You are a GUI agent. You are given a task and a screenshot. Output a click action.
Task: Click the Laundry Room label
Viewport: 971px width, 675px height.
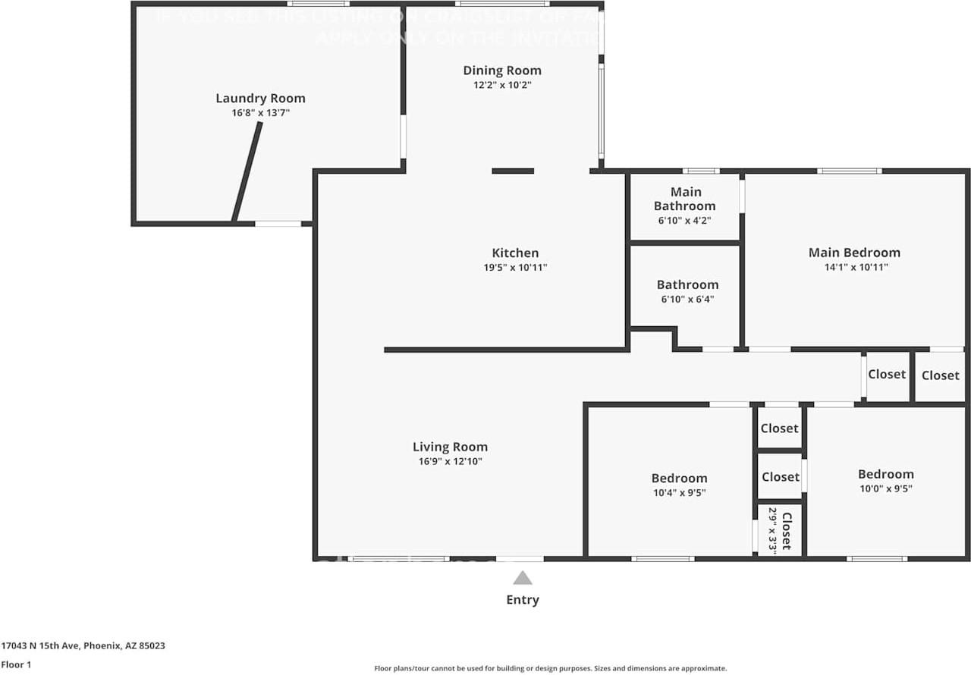tap(260, 98)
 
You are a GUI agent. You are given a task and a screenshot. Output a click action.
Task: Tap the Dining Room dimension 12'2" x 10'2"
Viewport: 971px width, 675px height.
tap(502, 86)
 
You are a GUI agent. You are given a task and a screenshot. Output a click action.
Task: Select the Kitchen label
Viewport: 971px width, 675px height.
tap(515, 253)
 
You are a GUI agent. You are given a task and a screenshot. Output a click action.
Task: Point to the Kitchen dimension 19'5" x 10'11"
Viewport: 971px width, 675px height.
tap(515, 267)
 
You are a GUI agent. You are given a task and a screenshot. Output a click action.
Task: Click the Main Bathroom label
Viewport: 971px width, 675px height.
tap(684, 199)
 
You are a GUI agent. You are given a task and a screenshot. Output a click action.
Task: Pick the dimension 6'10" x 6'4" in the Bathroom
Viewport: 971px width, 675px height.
tap(687, 300)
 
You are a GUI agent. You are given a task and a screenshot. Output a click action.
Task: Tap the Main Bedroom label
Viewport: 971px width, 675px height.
tap(854, 253)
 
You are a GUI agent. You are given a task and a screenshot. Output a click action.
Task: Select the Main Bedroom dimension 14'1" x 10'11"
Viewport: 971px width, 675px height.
tap(854, 267)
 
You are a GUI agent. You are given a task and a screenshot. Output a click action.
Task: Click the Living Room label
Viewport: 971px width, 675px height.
tap(450, 447)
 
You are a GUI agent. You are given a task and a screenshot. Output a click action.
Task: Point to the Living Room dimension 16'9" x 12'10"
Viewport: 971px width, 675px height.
tap(450, 461)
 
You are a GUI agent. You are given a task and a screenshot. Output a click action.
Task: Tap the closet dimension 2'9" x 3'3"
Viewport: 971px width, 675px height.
tap(773, 529)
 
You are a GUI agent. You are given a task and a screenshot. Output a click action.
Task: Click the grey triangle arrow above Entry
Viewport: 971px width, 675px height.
tap(522, 579)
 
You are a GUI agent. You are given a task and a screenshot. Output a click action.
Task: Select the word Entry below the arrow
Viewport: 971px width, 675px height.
tap(522, 600)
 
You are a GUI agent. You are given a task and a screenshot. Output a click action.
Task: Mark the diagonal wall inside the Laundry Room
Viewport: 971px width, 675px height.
tap(247, 172)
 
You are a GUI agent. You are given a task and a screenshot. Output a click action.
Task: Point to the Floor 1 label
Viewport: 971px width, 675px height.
tap(16, 664)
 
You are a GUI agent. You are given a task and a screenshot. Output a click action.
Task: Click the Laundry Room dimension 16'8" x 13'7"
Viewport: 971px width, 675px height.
tap(260, 112)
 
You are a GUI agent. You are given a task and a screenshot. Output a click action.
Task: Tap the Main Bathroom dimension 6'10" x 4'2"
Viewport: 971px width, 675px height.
tap(684, 221)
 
